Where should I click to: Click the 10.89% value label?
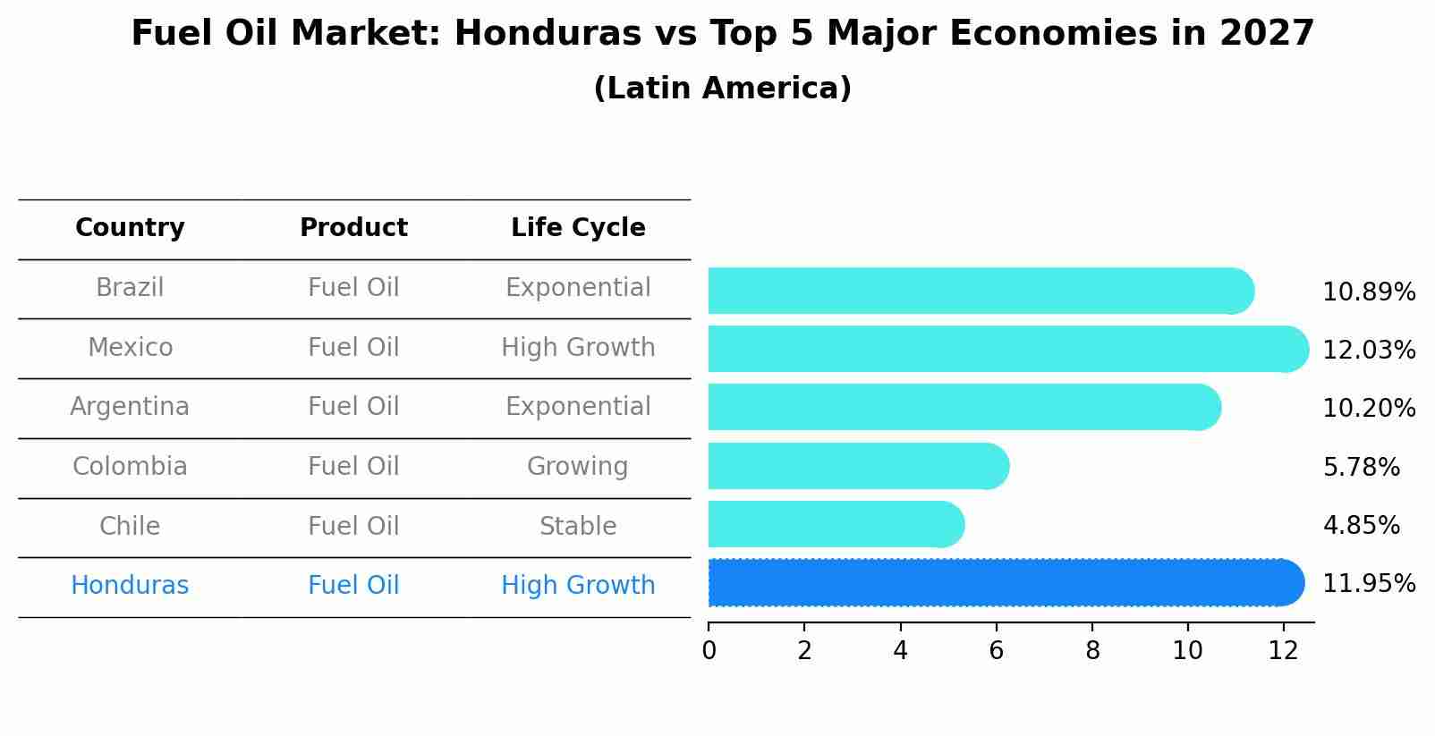(x=1368, y=292)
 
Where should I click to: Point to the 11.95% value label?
(x=1368, y=584)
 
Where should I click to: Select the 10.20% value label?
(x=1368, y=409)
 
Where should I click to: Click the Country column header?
(x=130, y=228)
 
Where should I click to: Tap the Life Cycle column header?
(x=578, y=228)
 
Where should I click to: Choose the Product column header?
(x=353, y=228)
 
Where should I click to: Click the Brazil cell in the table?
(x=130, y=288)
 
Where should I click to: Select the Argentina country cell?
(x=130, y=407)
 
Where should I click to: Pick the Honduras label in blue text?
(x=130, y=586)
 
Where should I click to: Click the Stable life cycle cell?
(x=578, y=526)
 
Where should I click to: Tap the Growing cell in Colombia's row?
(x=578, y=467)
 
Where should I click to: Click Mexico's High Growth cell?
(x=578, y=347)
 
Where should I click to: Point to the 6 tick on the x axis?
(x=996, y=651)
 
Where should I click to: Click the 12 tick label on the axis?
(x=1283, y=651)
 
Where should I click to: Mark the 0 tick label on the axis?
(x=709, y=651)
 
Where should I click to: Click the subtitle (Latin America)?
(x=722, y=89)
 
